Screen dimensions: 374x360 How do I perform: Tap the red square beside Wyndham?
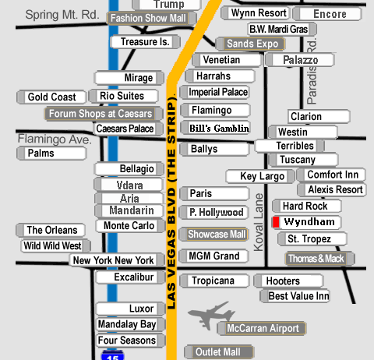coord(276,222)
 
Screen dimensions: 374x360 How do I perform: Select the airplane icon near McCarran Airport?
coord(211,316)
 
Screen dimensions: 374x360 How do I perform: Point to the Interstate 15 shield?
coord(112,355)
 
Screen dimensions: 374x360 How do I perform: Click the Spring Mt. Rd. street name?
coord(62,15)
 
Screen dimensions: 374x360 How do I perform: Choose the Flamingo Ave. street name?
coord(55,139)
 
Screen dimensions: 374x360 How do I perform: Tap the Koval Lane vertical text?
coord(259,222)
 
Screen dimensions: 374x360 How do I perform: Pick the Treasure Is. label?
coord(146,42)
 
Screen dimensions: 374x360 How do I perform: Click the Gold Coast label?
coord(51,97)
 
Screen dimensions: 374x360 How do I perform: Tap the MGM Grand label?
coord(214,256)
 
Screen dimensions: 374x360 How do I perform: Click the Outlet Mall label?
coord(219,352)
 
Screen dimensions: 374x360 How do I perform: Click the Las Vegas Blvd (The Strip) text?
coord(171,201)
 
